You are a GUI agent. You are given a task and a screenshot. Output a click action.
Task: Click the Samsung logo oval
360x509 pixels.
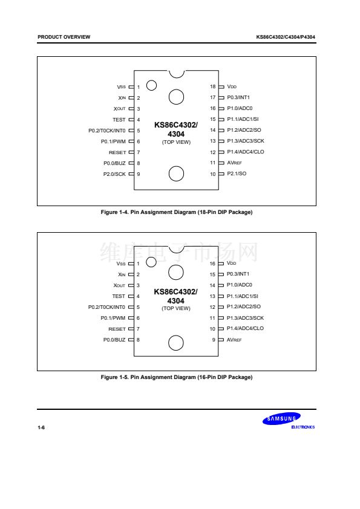click(281, 418)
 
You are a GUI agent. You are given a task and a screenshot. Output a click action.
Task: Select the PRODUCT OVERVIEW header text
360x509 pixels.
click(64, 37)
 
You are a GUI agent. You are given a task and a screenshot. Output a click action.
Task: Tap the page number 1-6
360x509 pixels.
click(41, 427)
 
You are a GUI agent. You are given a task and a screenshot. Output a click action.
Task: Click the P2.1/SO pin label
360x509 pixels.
click(237, 173)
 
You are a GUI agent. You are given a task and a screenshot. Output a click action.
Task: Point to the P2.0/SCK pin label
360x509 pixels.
click(114, 174)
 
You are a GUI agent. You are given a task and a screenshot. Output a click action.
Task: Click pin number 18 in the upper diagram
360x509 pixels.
click(213, 86)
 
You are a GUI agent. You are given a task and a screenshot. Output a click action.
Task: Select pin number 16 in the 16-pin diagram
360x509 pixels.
click(212, 264)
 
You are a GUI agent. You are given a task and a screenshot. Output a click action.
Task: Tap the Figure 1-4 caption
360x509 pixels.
click(177, 212)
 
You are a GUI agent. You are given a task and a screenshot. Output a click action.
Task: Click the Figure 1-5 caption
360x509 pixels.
click(177, 377)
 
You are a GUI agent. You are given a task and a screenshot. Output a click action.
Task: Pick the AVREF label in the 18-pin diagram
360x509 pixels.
click(234, 163)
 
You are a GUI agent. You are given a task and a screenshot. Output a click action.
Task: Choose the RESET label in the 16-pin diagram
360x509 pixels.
click(117, 329)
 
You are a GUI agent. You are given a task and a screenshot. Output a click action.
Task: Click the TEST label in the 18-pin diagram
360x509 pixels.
click(119, 120)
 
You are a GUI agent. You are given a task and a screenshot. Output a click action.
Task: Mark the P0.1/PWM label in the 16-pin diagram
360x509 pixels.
click(113, 318)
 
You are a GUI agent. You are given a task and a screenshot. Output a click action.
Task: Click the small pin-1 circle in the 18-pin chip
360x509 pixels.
click(151, 85)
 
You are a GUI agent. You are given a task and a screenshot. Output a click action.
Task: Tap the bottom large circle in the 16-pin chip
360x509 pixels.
click(176, 343)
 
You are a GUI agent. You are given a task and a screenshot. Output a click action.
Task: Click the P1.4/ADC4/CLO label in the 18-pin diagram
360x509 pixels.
click(246, 152)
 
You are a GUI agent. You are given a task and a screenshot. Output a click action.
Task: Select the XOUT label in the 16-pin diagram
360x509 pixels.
click(119, 285)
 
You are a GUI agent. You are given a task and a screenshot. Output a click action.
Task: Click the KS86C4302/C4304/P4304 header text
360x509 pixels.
click(286, 37)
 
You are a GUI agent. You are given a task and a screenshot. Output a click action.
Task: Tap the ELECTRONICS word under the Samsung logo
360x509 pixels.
click(303, 427)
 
